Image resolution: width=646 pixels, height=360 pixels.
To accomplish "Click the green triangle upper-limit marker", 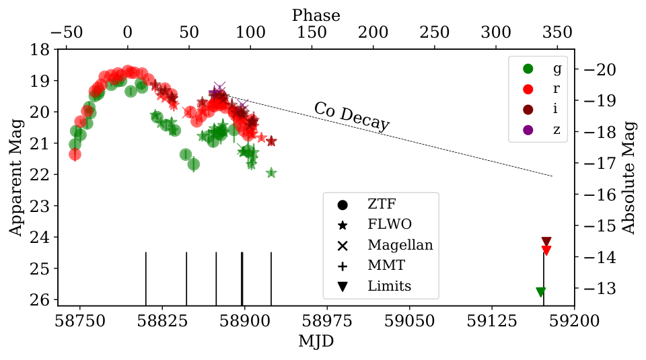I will [x=540, y=292].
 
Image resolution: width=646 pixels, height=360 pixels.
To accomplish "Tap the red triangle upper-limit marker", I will [x=546, y=250].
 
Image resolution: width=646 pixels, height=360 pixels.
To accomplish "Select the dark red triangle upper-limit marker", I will [x=546, y=242].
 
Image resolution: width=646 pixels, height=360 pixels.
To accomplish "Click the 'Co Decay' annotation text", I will [x=351, y=117].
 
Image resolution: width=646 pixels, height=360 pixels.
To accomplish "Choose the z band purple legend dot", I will [x=528, y=129].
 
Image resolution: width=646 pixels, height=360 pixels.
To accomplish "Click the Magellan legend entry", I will [x=400, y=245].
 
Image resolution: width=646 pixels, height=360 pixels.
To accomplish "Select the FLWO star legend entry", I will [x=389, y=224].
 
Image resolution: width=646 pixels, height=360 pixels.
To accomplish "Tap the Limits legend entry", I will [x=388, y=286].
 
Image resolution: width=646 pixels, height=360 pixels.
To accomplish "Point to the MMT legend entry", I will [x=385, y=265].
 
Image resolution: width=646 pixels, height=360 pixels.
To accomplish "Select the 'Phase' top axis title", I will [x=316, y=15].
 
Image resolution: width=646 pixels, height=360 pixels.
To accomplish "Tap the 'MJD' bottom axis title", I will [x=316, y=341].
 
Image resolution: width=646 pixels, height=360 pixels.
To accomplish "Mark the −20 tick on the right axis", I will [x=597, y=69].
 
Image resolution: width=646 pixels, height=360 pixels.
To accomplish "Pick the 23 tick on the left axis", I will [x=45, y=206].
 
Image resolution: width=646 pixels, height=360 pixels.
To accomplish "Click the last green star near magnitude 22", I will [x=271, y=173].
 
